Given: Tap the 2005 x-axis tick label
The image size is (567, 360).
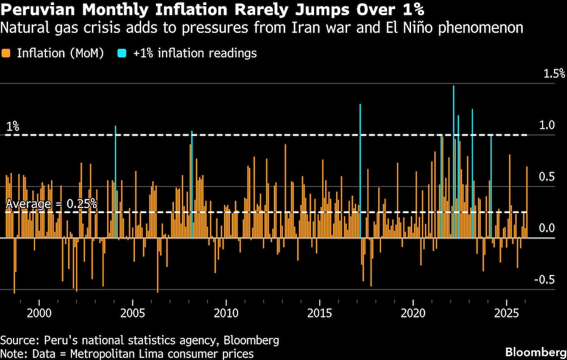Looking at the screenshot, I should coord(133,313).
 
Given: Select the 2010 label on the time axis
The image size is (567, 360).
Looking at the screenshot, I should coord(226,313).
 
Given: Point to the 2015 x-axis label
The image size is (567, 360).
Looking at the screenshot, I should coord(319,313).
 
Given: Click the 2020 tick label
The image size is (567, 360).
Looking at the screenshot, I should coord(413,313).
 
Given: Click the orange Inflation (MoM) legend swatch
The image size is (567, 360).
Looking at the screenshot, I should coord(7,53).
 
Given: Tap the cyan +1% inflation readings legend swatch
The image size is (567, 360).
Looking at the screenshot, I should coord(122,53).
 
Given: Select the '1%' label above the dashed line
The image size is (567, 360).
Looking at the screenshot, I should coord(12,126).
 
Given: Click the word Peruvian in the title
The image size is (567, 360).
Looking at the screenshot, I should coord(31,10).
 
